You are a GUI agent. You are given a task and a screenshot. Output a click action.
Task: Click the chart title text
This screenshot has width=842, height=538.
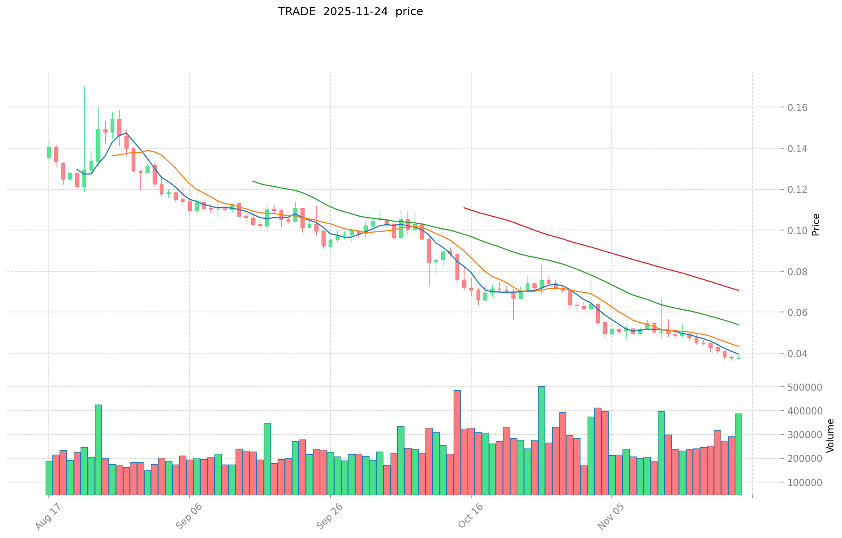tap(350, 12)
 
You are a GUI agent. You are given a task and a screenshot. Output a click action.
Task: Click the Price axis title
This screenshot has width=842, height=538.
tap(816, 225)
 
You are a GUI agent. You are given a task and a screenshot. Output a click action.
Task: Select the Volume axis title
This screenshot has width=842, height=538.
tap(830, 436)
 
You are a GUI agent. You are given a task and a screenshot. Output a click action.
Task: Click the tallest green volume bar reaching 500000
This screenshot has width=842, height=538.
tap(541, 440)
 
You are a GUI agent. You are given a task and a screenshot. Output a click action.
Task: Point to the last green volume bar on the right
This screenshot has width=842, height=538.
tap(738, 454)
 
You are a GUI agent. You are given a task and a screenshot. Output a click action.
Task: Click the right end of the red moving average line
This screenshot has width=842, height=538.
tap(738, 290)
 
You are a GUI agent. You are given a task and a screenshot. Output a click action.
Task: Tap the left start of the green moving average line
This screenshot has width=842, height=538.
tap(253, 181)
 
